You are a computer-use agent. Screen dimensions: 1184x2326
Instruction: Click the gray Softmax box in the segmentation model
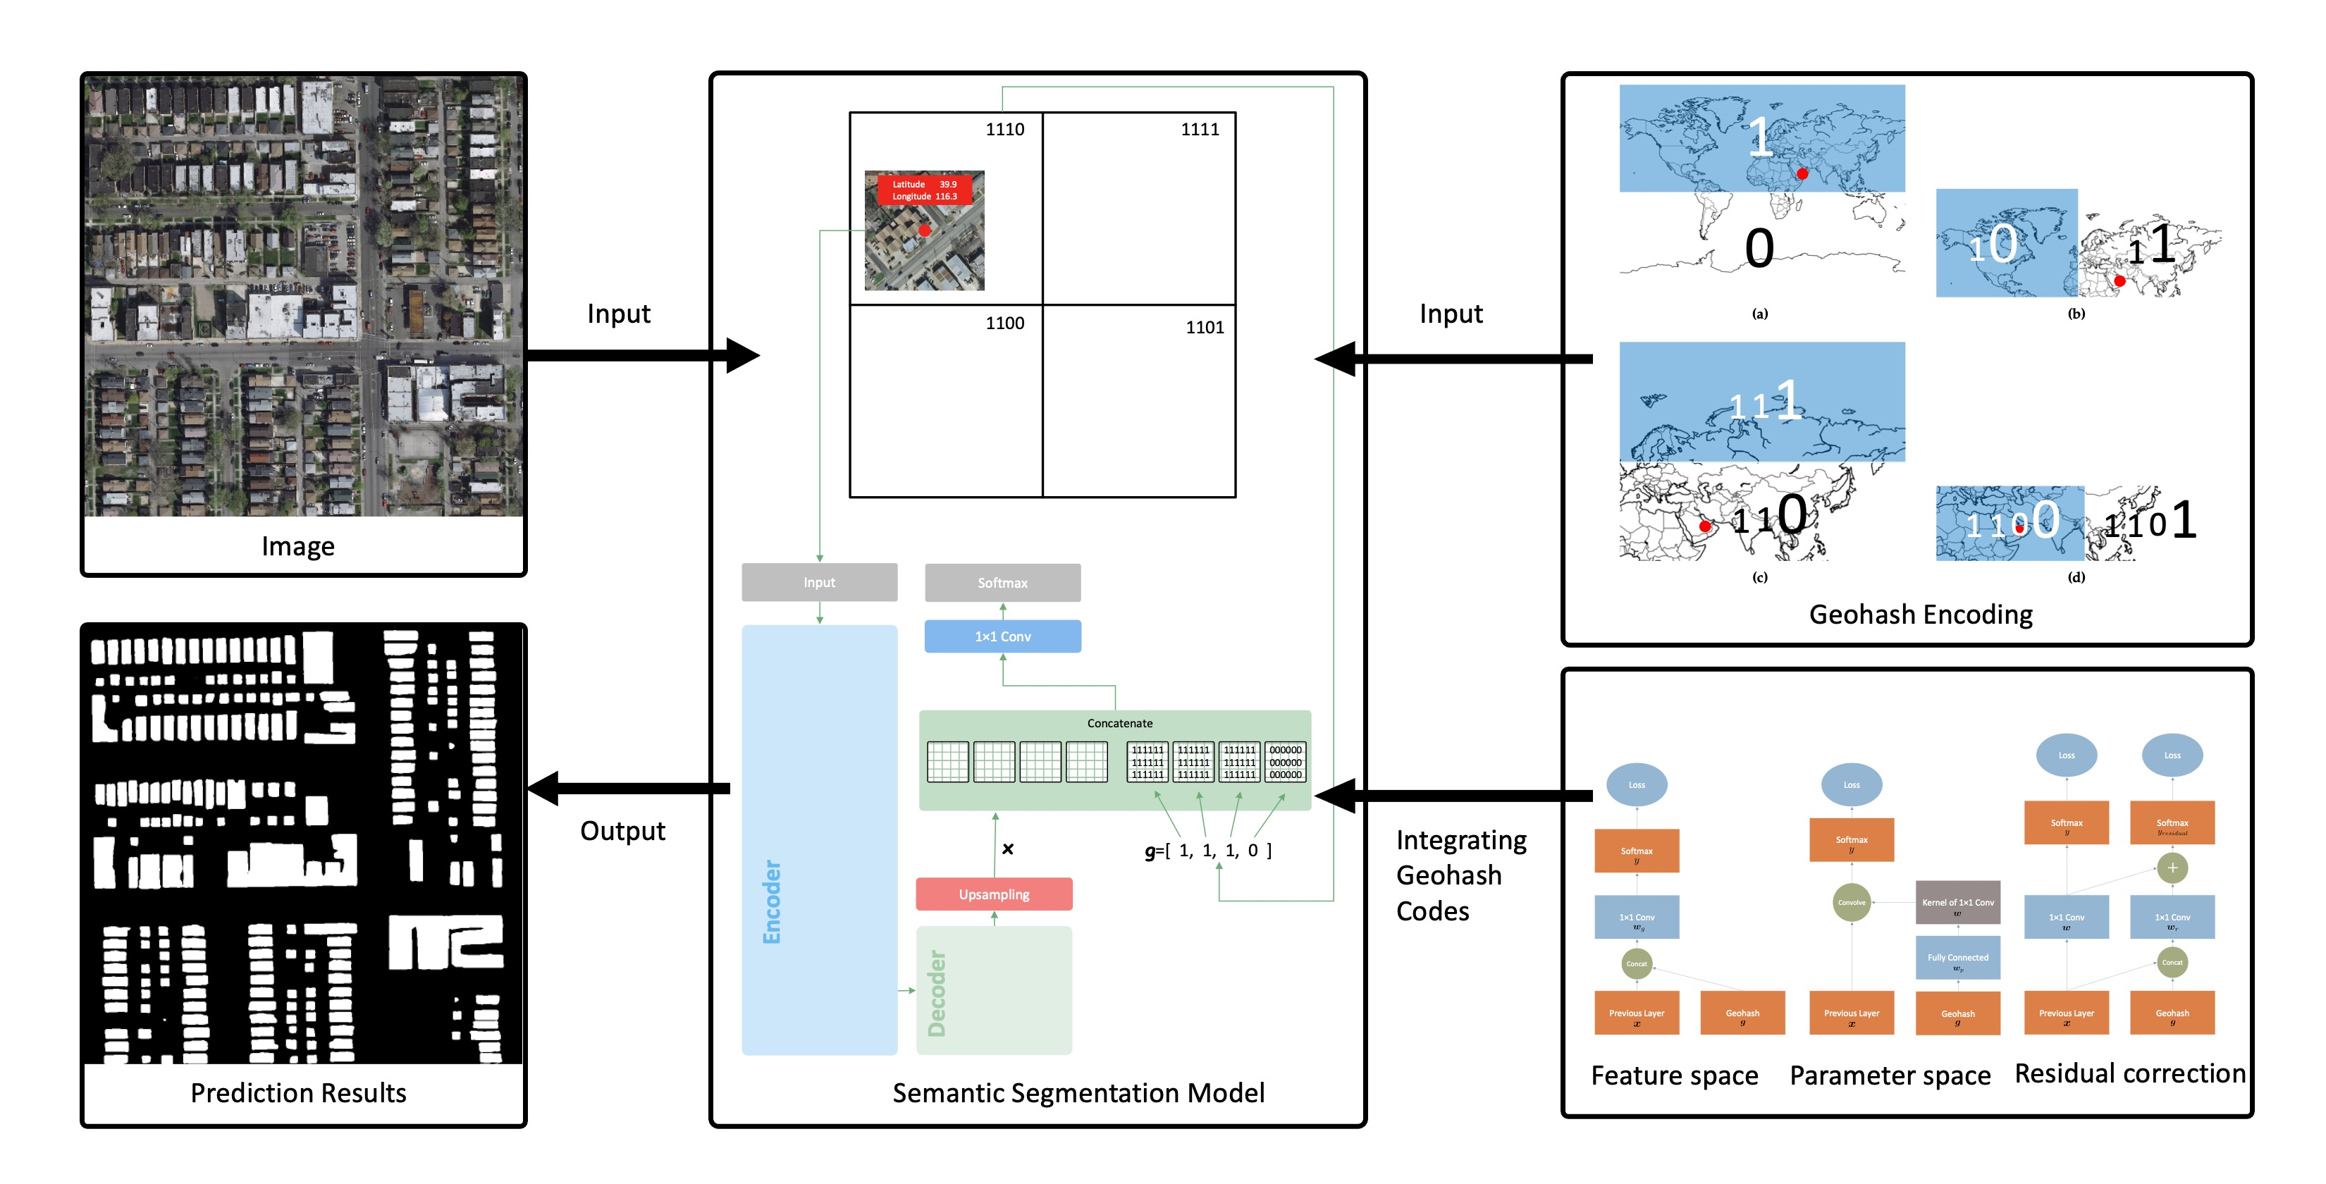(x=1002, y=583)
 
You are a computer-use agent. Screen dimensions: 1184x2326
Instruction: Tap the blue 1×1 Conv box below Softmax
(x=1002, y=636)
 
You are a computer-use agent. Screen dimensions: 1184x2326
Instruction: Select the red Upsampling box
(x=993, y=894)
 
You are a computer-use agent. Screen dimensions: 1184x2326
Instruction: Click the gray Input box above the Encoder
(x=819, y=583)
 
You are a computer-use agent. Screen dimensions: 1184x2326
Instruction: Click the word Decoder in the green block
(x=937, y=994)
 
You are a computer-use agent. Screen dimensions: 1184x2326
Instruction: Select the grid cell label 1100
(x=1004, y=323)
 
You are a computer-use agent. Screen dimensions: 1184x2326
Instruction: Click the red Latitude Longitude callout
(x=925, y=190)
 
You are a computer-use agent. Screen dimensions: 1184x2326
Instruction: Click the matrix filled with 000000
(x=1285, y=763)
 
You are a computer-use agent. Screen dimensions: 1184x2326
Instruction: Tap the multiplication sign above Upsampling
(x=1008, y=849)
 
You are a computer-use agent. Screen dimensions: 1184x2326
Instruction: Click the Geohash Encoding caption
(x=1920, y=615)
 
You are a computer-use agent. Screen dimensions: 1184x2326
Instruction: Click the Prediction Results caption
(x=298, y=1093)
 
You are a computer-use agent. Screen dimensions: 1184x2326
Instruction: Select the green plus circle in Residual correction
(x=2172, y=868)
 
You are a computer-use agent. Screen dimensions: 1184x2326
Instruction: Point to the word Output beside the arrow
(x=622, y=831)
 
